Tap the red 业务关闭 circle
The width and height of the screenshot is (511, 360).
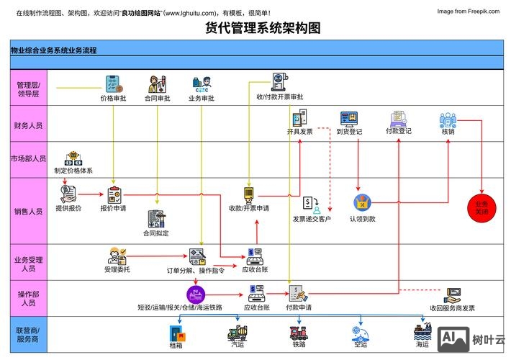[x=481, y=207]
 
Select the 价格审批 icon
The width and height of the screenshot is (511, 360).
[x=113, y=84]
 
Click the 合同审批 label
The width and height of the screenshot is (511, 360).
[x=158, y=98]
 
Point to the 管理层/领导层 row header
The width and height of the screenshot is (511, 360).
[x=28, y=89]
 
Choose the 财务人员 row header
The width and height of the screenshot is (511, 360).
[x=28, y=125]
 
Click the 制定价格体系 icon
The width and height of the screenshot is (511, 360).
[x=73, y=160]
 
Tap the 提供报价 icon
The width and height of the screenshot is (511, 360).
[x=68, y=193]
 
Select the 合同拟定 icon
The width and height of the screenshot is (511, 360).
[x=155, y=219]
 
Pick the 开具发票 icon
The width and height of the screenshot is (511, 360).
[x=299, y=118]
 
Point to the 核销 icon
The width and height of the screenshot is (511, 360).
[x=448, y=120]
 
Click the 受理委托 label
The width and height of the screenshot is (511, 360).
[x=117, y=269]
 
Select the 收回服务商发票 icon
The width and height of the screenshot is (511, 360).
[x=453, y=295]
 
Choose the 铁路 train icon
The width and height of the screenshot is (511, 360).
[x=299, y=333]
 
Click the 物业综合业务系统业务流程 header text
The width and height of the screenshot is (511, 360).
[x=54, y=50]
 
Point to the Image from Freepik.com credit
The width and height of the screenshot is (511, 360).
[x=468, y=12]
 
